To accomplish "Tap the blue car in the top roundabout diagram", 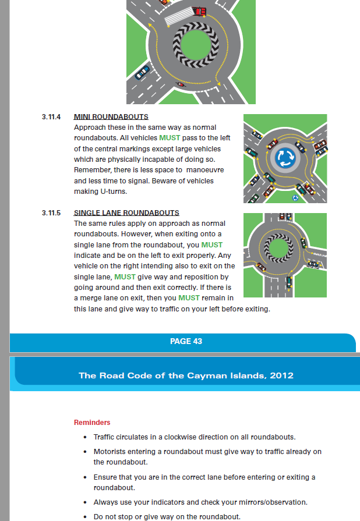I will [x=142, y=72].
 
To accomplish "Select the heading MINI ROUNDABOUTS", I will [x=111, y=117].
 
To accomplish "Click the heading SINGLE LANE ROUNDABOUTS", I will [x=126, y=213].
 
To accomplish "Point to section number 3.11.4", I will [x=51, y=117].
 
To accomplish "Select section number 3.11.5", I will [x=51, y=213].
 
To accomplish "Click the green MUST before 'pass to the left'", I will [x=170, y=139].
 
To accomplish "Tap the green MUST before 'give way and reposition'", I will [x=125, y=277].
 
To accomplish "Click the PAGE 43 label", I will [x=186, y=341].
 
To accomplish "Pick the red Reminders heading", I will [x=92, y=422].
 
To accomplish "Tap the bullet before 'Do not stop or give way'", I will [x=85, y=517].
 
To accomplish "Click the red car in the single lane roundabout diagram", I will [x=284, y=217].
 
